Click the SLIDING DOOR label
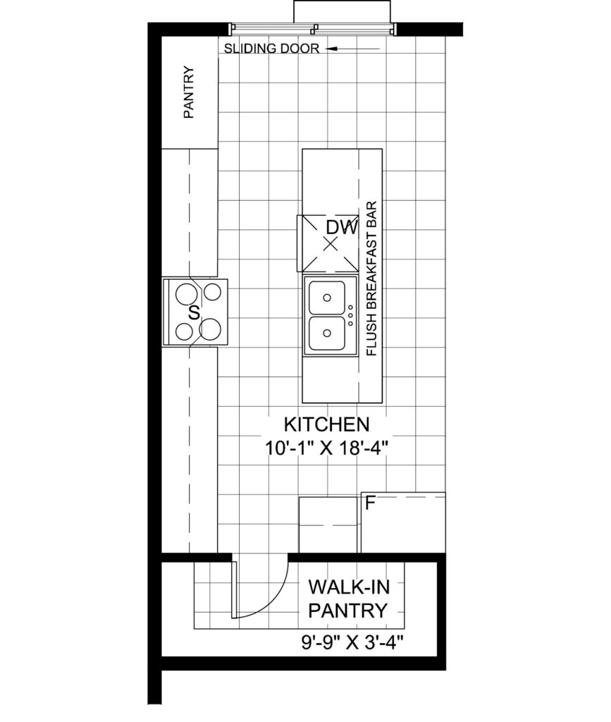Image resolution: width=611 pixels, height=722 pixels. pyautogui.click(x=271, y=49)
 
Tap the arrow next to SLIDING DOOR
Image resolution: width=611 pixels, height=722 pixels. pyautogui.click(x=353, y=49)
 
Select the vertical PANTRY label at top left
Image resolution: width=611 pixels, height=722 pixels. pyautogui.click(x=189, y=92)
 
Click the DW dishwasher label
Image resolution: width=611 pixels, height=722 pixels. pyautogui.click(x=342, y=228)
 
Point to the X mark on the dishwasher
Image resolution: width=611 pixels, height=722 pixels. pyautogui.click(x=330, y=244)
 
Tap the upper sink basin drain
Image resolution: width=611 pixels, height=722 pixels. pyautogui.click(x=327, y=298)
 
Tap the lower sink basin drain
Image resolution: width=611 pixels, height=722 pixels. pyautogui.click(x=327, y=333)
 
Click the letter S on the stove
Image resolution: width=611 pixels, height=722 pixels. pyautogui.click(x=195, y=313)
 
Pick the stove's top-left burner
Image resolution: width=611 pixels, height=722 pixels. pyautogui.click(x=187, y=293)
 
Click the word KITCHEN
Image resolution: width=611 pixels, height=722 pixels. pyautogui.click(x=327, y=424)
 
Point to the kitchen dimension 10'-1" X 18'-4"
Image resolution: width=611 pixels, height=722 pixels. pyautogui.click(x=327, y=448)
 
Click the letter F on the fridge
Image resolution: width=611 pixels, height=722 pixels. pyautogui.click(x=370, y=503)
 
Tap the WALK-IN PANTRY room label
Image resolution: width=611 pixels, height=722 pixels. pyautogui.click(x=348, y=599)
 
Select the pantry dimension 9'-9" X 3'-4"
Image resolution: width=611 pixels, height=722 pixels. pyautogui.click(x=352, y=642)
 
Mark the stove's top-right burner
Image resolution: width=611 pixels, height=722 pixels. pyautogui.click(x=212, y=292)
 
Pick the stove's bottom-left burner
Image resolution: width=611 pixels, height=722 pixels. pyautogui.click(x=185, y=331)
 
